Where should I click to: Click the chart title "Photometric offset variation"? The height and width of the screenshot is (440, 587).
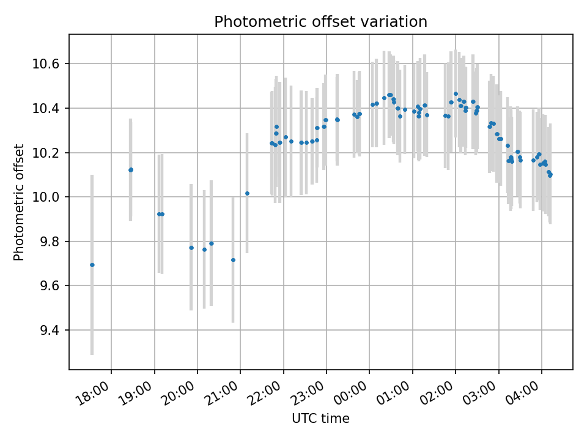[x=320, y=22]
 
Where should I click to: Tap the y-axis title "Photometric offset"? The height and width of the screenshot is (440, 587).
[x=19, y=202]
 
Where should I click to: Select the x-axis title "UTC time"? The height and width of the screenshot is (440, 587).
[x=320, y=419]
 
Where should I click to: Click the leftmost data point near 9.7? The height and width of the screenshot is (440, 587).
[x=92, y=265]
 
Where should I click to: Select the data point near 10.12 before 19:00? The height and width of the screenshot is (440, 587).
[x=131, y=170]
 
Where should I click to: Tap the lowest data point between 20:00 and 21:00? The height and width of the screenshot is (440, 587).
[x=233, y=260]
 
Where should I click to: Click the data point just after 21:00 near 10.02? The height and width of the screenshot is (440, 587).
[x=247, y=193]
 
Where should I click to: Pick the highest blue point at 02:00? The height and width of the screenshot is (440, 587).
[x=456, y=94]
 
